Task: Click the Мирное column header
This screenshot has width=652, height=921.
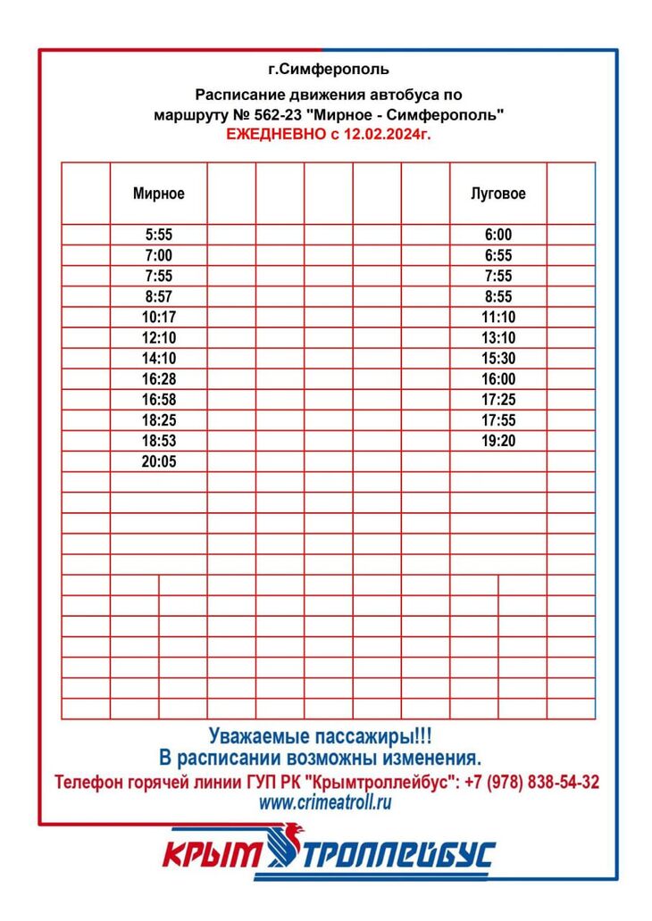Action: (158, 194)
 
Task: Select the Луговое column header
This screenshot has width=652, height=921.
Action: (498, 194)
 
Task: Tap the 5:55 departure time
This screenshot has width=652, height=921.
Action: (158, 235)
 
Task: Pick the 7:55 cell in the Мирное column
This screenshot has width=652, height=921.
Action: (158, 276)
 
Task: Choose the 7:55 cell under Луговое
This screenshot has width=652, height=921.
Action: (498, 276)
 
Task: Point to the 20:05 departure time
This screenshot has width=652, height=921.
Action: (158, 460)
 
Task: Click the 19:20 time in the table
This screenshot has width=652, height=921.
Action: (498, 440)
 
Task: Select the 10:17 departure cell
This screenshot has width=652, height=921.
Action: (158, 317)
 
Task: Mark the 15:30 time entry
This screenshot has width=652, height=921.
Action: (498, 358)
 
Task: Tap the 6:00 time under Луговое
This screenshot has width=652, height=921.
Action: (498, 235)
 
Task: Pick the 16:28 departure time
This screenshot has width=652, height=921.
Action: (158, 378)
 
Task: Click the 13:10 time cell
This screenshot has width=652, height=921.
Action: (498, 337)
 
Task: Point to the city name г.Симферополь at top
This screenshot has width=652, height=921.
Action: (328, 69)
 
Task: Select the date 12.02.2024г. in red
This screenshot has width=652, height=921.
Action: (393, 134)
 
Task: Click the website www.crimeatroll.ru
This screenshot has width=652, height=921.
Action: (325, 802)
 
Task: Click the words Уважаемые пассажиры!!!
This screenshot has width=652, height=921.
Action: (320, 737)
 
